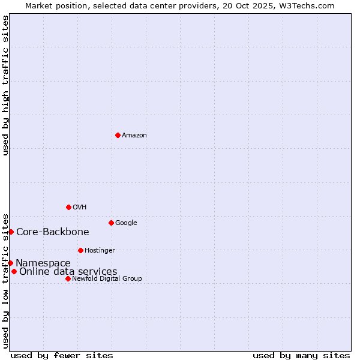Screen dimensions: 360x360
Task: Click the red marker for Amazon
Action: tap(118, 135)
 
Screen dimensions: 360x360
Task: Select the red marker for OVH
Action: tap(68, 207)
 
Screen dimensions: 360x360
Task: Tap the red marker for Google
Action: tap(111, 223)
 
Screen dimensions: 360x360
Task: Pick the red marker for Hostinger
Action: tap(80, 250)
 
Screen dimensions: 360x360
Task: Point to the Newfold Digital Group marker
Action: tap(68, 278)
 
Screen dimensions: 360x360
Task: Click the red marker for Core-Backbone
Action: tap(11, 232)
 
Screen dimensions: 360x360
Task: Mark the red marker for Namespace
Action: tap(10, 263)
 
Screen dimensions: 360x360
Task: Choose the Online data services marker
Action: tap(14, 271)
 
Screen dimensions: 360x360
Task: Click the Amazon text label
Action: tap(134, 136)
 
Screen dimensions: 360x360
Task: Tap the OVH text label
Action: tap(80, 208)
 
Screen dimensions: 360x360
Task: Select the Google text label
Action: tap(126, 223)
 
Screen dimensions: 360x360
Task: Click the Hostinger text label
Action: tap(100, 251)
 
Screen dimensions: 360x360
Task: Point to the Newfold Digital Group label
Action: tap(107, 279)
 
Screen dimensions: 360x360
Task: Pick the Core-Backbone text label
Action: tap(53, 232)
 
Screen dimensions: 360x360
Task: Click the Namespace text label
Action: tap(43, 263)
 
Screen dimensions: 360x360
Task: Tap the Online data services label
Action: tap(68, 272)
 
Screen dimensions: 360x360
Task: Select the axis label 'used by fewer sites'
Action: tap(62, 355)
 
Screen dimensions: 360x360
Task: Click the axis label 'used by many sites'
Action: tap(301, 355)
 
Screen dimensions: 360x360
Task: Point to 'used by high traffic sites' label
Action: tap(5, 85)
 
